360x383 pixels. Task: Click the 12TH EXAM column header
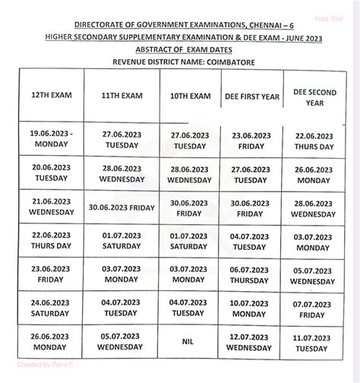pyautogui.click(x=49, y=97)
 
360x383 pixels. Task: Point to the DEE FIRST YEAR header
pyautogui.click(x=250, y=97)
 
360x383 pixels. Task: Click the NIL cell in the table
pyautogui.click(x=188, y=341)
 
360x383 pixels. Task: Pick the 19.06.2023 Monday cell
pyautogui.click(x=49, y=137)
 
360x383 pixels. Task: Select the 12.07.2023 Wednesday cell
pyautogui.click(x=250, y=341)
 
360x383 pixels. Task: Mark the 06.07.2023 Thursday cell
pyautogui.click(x=250, y=274)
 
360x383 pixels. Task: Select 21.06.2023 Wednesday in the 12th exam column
pyautogui.click(x=49, y=207)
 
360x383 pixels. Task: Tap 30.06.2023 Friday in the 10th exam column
pyautogui.click(x=188, y=207)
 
